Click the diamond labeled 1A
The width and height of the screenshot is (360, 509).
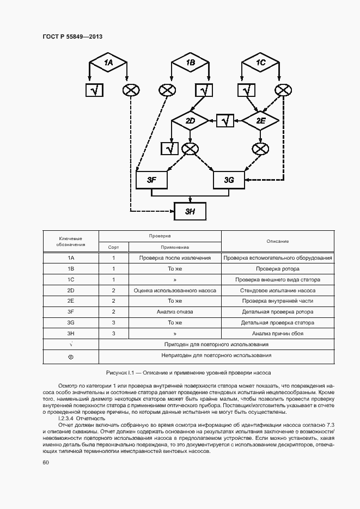[108, 63]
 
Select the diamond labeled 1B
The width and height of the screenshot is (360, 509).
[190, 63]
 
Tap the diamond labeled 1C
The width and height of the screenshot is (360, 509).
[261, 63]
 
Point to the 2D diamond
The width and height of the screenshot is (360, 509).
[190, 120]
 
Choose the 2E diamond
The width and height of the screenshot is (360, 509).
[261, 120]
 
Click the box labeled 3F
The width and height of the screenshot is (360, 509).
[151, 180]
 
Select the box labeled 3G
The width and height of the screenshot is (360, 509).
[229, 180]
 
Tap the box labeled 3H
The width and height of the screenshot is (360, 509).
[190, 211]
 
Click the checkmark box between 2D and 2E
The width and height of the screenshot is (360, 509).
[225, 120]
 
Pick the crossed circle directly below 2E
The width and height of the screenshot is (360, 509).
[261, 148]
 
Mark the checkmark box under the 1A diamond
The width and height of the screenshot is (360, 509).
[94, 90]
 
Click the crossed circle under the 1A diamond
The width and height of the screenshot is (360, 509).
[131, 90]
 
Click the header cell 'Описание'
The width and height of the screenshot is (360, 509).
[278, 241]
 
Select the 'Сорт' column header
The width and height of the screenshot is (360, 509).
[113, 247]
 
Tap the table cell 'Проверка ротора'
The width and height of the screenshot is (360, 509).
[278, 268]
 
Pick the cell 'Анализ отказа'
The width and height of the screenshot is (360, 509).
[175, 312]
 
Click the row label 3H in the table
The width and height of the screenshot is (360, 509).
[71, 333]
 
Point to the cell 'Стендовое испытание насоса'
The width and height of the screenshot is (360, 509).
[278, 290]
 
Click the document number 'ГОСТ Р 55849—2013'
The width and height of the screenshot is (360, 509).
[72, 37]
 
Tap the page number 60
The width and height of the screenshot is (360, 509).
[45, 462]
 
